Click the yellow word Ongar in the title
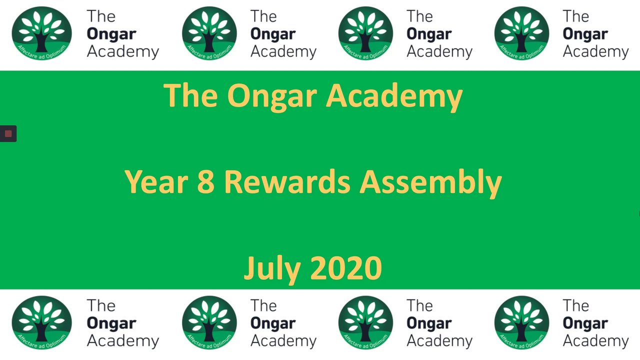272,97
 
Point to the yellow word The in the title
190,95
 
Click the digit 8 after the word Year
205,181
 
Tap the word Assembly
430,183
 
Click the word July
272,269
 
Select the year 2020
346,268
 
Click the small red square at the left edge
8,133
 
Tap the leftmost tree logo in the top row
41,33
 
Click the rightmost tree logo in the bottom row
521,322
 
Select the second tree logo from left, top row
209,33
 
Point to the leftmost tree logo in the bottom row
41,322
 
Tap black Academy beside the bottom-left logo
123,341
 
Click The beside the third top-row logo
419,16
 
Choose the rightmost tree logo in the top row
521,33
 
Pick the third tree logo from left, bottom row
365,322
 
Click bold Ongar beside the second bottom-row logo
273,324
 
